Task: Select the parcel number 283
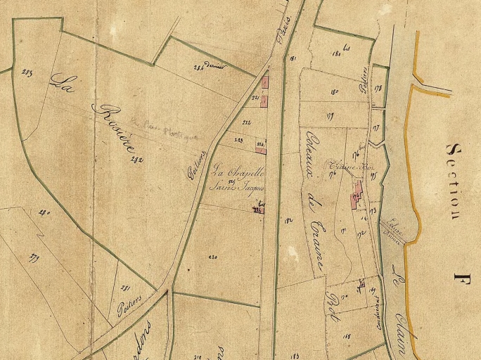click(x=27, y=72)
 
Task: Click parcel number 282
click(x=136, y=159)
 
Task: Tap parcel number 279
click(x=34, y=258)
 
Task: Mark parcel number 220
click(x=213, y=257)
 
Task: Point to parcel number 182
click(x=288, y=220)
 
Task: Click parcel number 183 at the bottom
click(x=294, y=356)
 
